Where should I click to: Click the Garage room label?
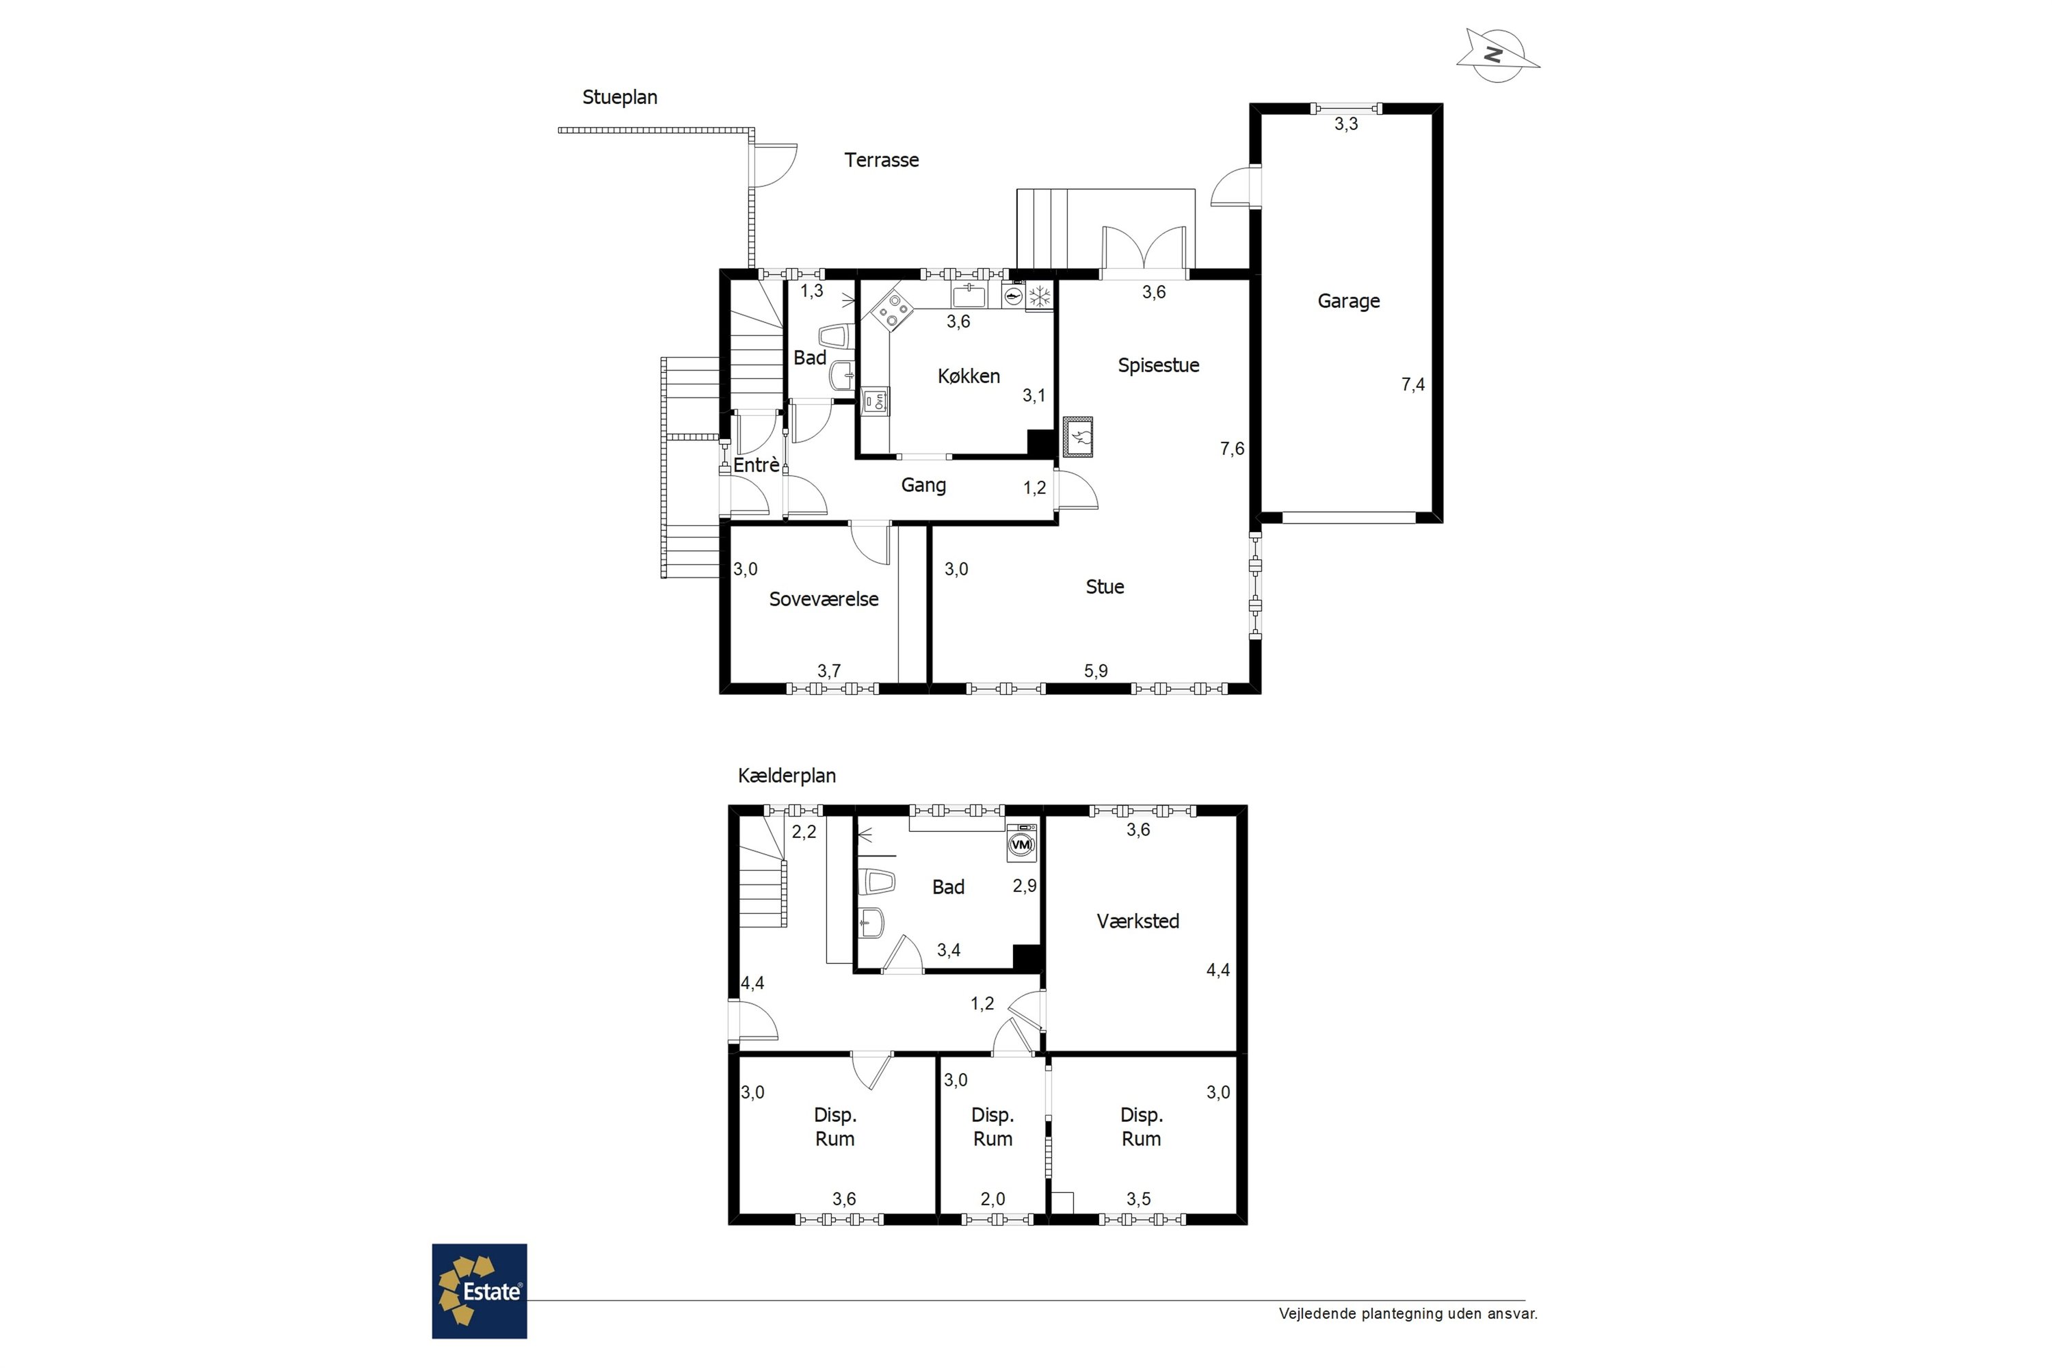click(x=1348, y=302)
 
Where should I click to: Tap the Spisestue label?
click(x=1159, y=365)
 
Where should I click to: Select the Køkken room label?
click(x=969, y=376)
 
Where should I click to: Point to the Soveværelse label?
click(x=824, y=599)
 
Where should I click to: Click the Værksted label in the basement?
click(x=1137, y=921)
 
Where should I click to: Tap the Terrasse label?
click(x=881, y=159)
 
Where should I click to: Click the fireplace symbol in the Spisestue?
click(x=1079, y=436)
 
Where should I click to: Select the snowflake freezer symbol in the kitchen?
click(x=1039, y=297)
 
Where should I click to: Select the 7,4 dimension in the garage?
click(x=1412, y=384)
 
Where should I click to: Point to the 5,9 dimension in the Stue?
click(x=1096, y=671)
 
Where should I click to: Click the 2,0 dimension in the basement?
click(x=993, y=1199)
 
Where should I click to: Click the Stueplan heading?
click(x=620, y=98)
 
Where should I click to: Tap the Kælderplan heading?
click(x=787, y=776)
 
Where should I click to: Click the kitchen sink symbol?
click(x=969, y=295)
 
